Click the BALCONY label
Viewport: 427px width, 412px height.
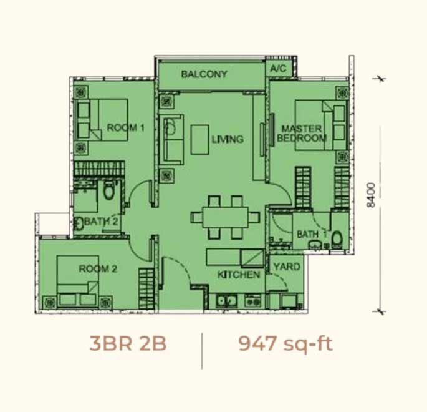click(x=204, y=74)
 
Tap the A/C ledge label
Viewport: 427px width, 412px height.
click(x=278, y=68)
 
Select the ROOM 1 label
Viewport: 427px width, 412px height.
click(x=125, y=127)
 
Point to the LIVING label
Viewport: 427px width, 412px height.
click(x=228, y=139)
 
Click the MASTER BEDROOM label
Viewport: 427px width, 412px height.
click(x=302, y=134)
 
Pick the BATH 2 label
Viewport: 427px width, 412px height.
click(x=101, y=222)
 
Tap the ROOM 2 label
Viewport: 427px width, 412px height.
click(x=98, y=269)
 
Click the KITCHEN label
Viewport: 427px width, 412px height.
click(x=239, y=275)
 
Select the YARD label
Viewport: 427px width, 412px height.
click(x=287, y=267)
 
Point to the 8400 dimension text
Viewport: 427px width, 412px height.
click(x=371, y=195)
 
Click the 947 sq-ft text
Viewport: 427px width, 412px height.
click(x=285, y=344)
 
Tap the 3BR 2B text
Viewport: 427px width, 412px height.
click(x=128, y=343)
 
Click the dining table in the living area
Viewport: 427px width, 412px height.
click(x=225, y=218)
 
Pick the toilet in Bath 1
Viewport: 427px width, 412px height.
click(x=337, y=240)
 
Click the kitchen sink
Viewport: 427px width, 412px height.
click(x=226, y=301)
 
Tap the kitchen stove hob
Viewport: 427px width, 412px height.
click(x=253, y=301)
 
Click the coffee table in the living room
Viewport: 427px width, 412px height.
click(x=200, y=140)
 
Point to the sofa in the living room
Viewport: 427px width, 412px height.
click(x=171, y=139)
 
